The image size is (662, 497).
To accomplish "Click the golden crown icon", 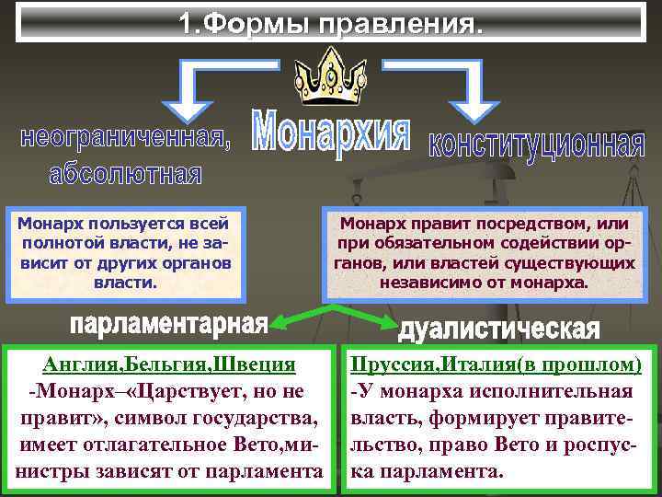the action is point(330,78).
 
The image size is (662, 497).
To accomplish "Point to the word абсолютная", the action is point(126,173).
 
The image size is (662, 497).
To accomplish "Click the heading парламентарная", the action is point(167,324).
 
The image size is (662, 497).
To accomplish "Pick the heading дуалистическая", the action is point(499,329).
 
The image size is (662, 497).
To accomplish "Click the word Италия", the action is point(480,364).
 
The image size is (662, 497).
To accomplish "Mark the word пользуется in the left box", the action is point(126,223).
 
